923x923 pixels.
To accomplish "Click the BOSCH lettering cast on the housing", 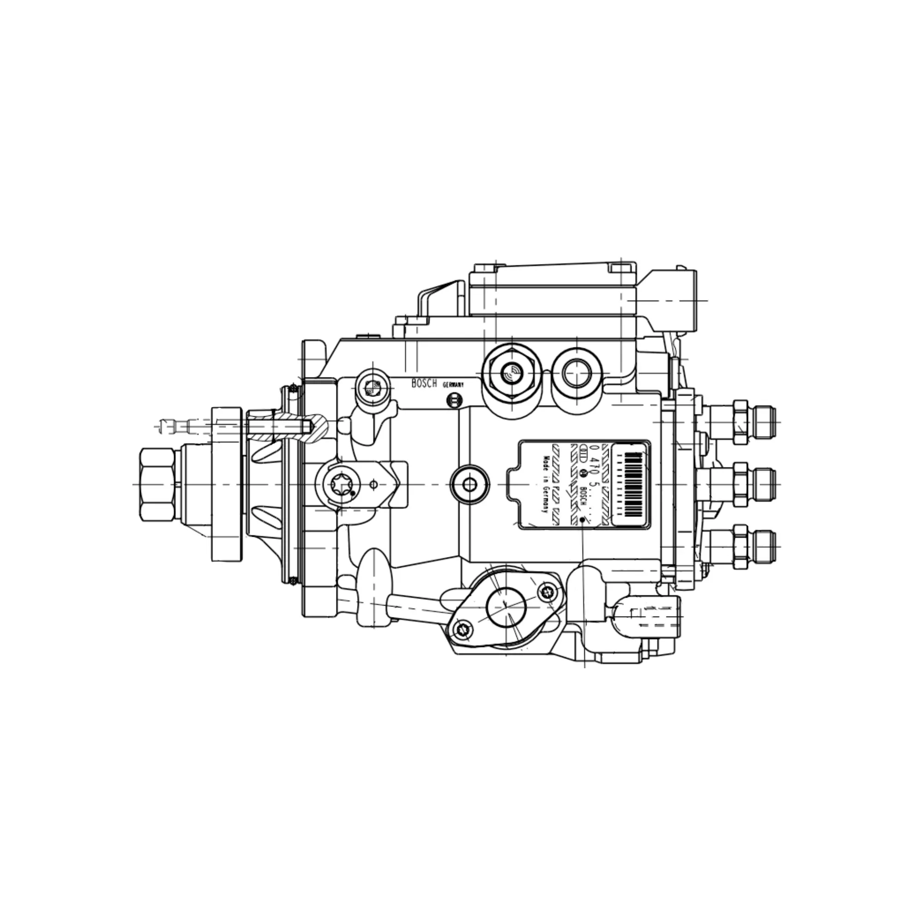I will (424, 384).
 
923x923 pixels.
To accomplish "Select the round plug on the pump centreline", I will (470, 484).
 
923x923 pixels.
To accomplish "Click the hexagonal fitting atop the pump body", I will (511, 373).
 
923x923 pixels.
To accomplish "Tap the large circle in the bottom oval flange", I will (506, 607).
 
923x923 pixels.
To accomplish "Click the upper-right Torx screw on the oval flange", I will (547, 593).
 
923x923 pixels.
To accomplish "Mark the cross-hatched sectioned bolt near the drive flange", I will (287, 425).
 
